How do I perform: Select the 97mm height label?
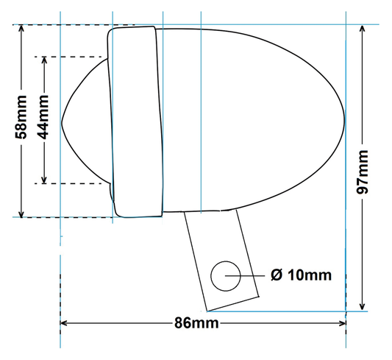[x=363, y=170]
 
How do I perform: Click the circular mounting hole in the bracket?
[x=225, y=275]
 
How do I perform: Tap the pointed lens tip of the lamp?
[x=64, y=120]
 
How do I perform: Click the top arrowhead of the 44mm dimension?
[x=46, y=60]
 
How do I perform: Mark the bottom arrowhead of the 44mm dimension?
[x=46, y=179]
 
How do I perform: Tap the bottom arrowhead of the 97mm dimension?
[x=363, y=306]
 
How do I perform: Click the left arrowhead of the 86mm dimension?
[x=64, y=322]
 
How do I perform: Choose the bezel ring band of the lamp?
[x=134, y=121]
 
